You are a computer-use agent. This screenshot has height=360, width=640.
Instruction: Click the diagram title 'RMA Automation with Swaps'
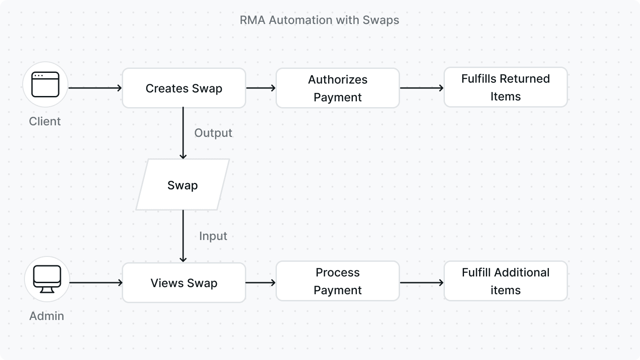[319, 20]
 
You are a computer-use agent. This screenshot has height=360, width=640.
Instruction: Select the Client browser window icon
[45, 84]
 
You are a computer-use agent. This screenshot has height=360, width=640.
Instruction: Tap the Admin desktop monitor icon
[47, 279]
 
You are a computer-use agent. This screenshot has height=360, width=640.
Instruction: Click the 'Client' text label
[45, 121]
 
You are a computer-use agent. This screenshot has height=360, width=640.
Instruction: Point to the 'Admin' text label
[47, 316]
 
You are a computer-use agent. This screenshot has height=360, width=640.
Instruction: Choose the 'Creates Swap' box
[184, 88]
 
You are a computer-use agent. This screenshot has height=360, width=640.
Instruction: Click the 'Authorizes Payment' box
[338, 88]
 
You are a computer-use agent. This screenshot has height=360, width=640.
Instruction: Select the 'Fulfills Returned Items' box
[506, 88]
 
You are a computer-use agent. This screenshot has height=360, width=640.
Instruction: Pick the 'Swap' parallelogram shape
[183, 185]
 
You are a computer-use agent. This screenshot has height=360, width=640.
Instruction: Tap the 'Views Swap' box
[184, 283]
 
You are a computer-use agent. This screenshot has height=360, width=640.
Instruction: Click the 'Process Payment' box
[338, 281]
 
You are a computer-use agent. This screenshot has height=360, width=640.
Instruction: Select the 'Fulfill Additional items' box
[506, 281]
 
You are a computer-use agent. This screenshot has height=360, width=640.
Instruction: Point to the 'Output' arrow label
[213, 133]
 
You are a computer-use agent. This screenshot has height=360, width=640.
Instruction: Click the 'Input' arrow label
[213, 236]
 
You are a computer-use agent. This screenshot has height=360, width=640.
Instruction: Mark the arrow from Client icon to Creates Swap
[95, 88]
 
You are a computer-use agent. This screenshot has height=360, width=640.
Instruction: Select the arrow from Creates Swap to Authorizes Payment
[261, 88]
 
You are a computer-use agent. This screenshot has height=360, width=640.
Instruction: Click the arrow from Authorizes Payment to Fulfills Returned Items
[422, 88]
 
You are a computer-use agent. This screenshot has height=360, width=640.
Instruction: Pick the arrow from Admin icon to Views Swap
[96, 283]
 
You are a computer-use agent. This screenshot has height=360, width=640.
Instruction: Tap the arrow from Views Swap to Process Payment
[261, 283]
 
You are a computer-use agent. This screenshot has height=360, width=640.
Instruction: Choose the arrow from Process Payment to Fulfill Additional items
[422, 283]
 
